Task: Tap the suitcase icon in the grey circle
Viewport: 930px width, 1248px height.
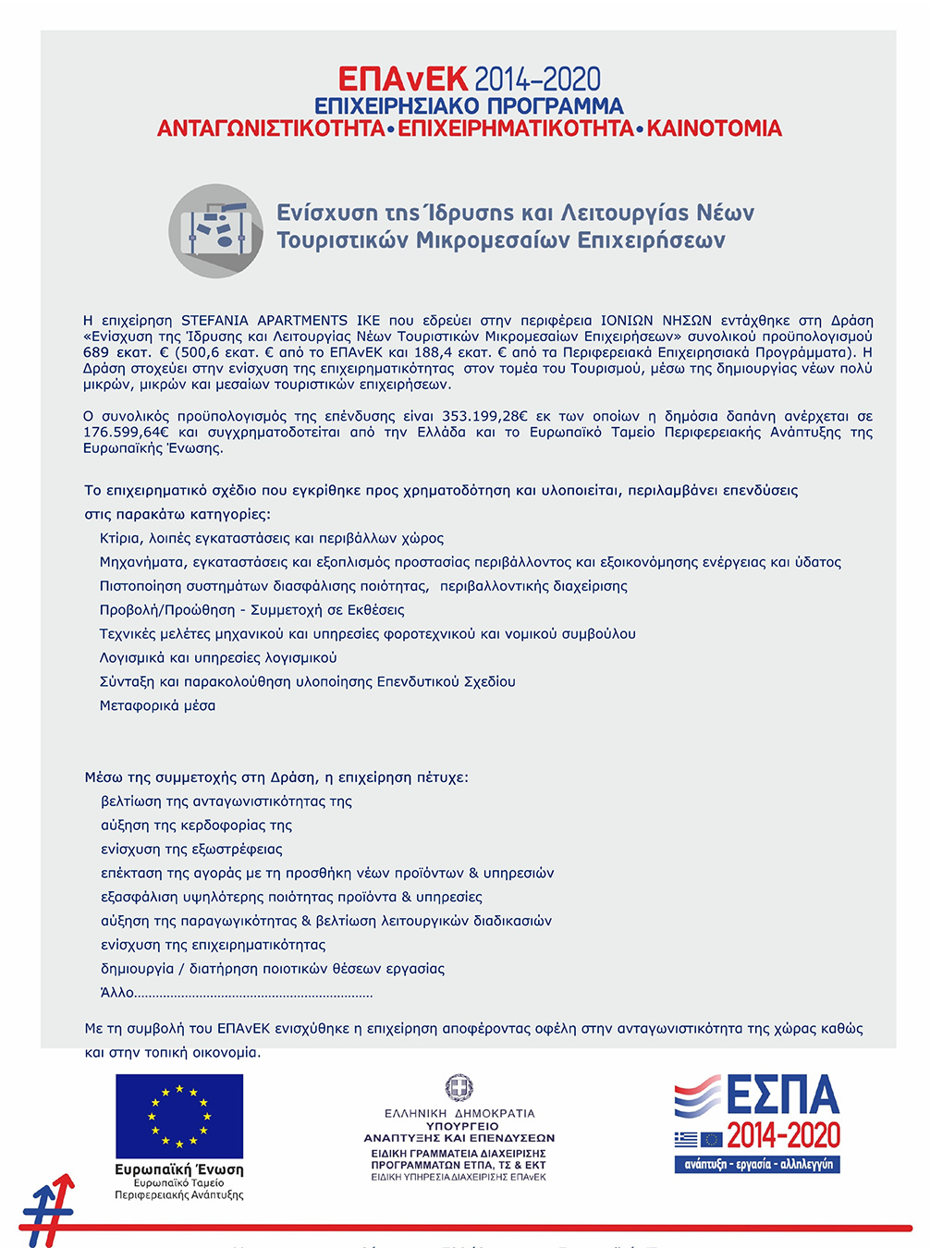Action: tap(216, 230)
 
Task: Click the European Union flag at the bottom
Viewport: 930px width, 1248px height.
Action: tap(179, 1116)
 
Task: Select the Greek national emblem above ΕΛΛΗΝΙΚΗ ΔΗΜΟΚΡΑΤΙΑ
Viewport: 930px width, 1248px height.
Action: tap(459, 1088)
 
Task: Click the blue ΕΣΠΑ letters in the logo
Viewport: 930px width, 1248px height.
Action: tap(782, 1095)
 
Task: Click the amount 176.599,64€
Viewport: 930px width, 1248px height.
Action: tap(127, 432)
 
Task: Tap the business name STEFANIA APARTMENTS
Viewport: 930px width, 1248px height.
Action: tap(264, 320)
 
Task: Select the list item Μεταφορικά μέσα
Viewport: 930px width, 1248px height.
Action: tap(157, 705)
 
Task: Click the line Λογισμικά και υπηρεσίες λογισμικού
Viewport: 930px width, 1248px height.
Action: tap(218, 657)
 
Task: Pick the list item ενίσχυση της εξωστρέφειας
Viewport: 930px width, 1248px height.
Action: tap(191, 849)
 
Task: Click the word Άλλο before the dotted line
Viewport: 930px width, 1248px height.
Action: tap(117, 993)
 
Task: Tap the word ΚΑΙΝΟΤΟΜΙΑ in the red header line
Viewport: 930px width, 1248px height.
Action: tap(714, 128)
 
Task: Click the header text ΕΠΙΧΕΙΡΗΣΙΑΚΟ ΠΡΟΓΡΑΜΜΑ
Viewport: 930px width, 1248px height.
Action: tap(469, 106)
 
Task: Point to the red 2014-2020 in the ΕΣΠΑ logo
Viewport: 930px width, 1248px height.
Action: tap(783, 1135)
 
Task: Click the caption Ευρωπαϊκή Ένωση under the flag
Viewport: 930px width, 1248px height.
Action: tap(179, 1169)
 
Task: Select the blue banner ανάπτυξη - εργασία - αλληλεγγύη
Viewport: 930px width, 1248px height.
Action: tap(757, 1165)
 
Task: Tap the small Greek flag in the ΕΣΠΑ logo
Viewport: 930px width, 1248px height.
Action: tap(686, 1140)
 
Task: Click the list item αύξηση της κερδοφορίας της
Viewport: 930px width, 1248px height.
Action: tap(196, 825)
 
